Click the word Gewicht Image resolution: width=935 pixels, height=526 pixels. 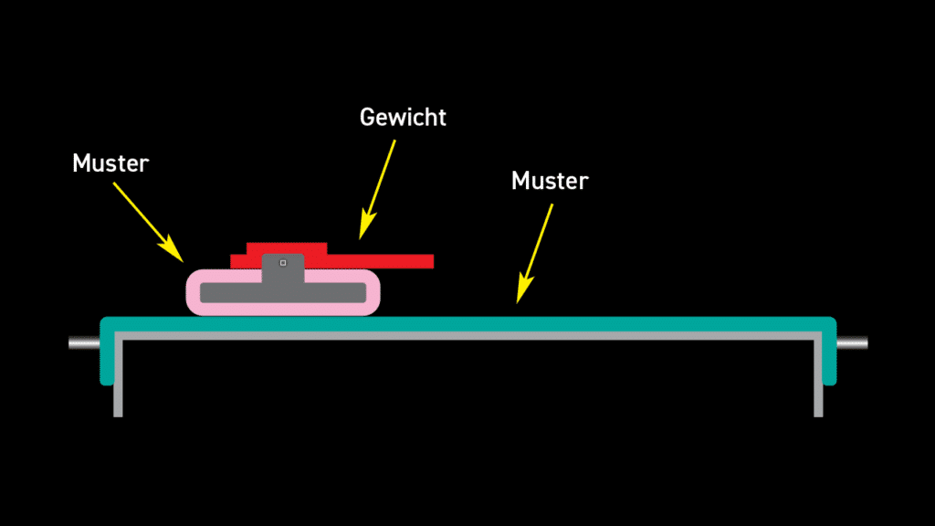[x=403, y=118]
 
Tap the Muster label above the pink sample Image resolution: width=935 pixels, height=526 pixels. [x=110, y=163]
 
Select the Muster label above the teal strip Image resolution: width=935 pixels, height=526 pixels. [x=550, y=181]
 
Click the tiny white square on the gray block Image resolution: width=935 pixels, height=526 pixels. [x=283, y=263]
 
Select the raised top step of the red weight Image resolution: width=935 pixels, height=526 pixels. [x=287, y=247]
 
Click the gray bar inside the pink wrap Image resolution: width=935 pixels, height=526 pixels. [x=228, y=293]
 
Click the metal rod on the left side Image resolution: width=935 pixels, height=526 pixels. [x=83, y=343]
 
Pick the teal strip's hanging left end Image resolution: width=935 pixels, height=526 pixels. [x=106, y=361]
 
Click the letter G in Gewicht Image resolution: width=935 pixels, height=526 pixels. [x=367, y=117]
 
